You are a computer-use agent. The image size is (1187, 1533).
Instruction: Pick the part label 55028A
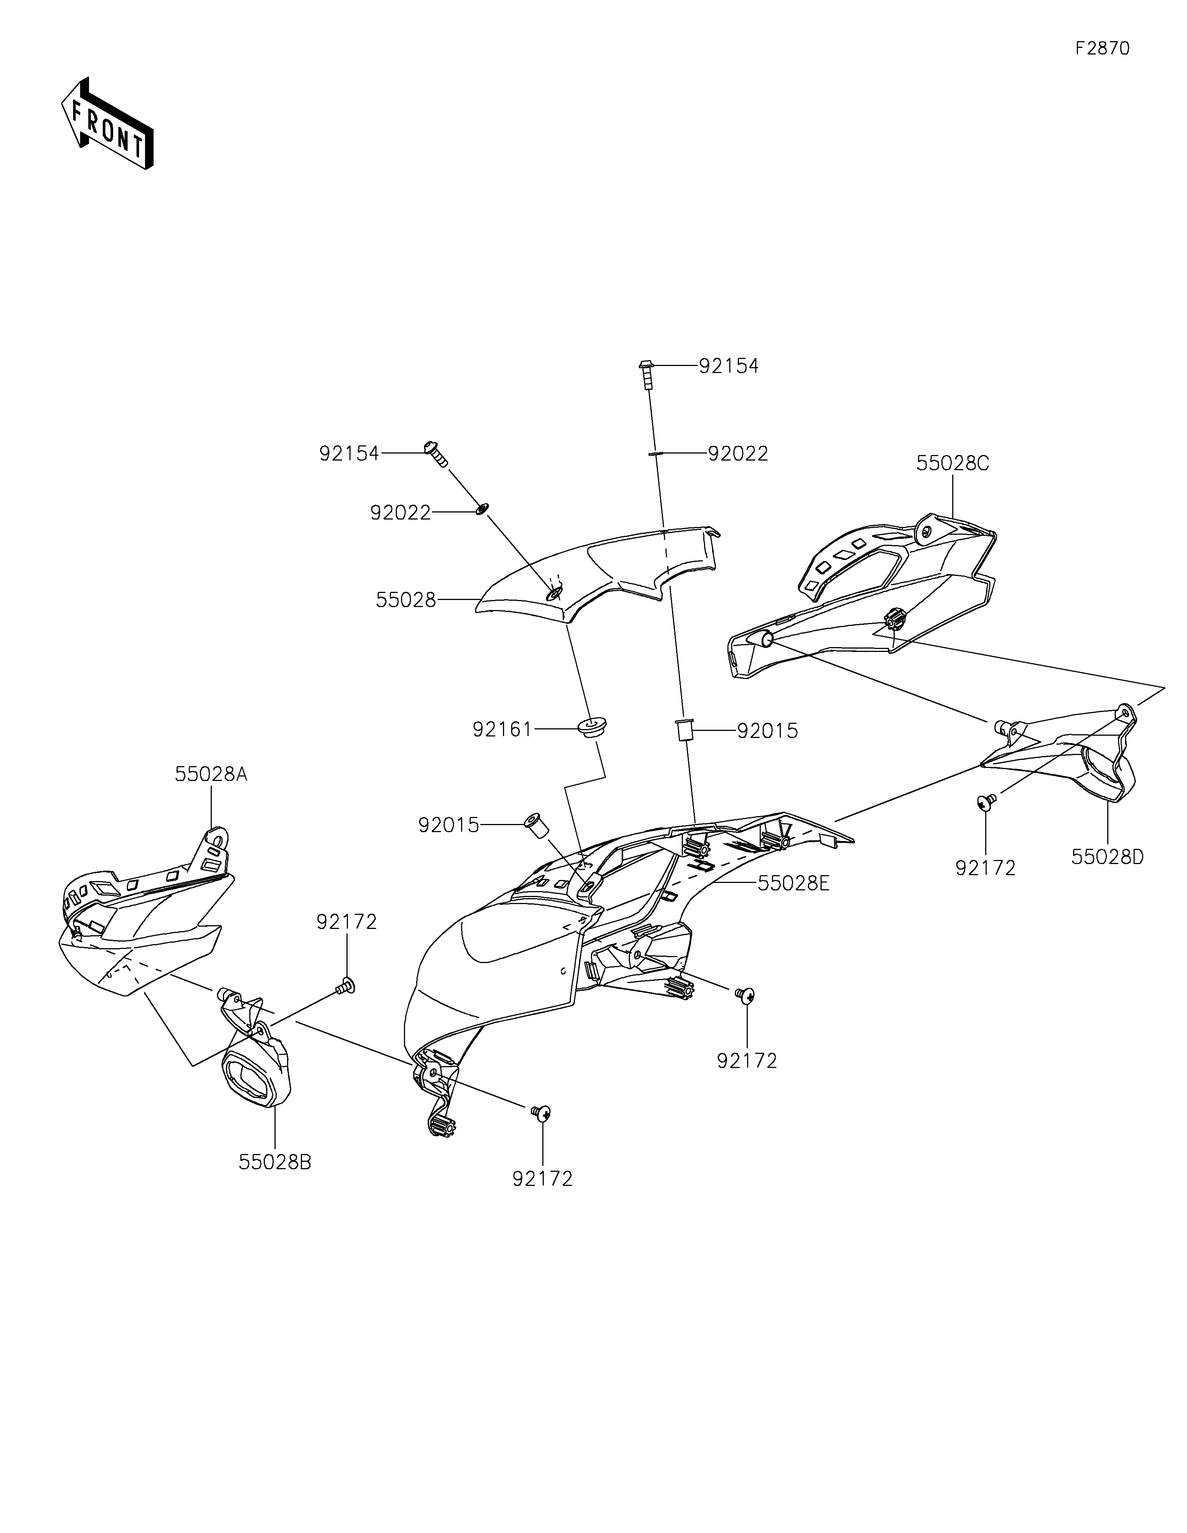click(x=211, y=774)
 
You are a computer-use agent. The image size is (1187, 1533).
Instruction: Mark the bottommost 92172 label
click(x=543, y=1178)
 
